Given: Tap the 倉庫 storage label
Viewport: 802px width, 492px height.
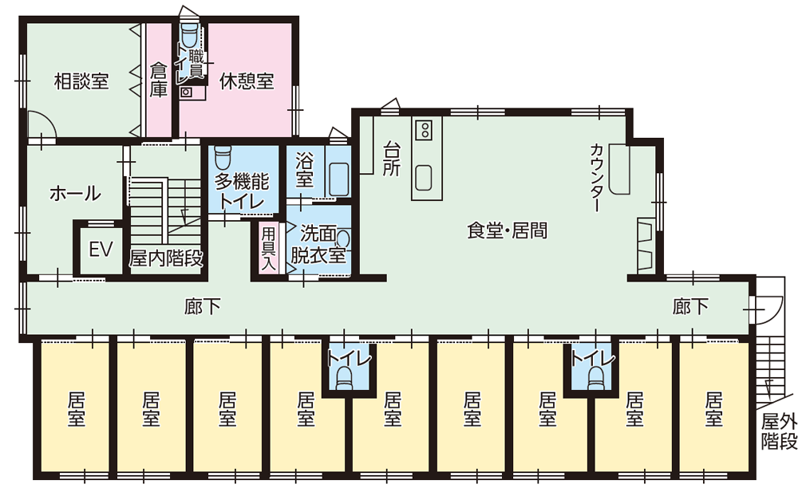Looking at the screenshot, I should coord(159,81).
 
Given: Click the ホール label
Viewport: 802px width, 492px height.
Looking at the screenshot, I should coord(75,193).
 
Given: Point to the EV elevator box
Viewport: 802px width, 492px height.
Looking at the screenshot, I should coord(99,250).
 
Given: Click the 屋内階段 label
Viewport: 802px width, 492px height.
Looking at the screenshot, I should coord(166,258).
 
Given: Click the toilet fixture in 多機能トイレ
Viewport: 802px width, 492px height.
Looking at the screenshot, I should coord(222,153).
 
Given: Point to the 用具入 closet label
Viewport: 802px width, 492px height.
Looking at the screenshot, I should coord(269,248).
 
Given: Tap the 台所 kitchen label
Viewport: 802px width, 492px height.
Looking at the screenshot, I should coord(391,159).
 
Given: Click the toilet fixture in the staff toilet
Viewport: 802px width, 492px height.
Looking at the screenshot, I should coord(190,36).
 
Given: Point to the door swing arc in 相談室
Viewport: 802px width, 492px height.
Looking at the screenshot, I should coord(41,124).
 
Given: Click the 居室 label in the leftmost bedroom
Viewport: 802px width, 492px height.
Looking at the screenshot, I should coord(76,407).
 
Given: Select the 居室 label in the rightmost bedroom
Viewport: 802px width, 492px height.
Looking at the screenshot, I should coord(714,407).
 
